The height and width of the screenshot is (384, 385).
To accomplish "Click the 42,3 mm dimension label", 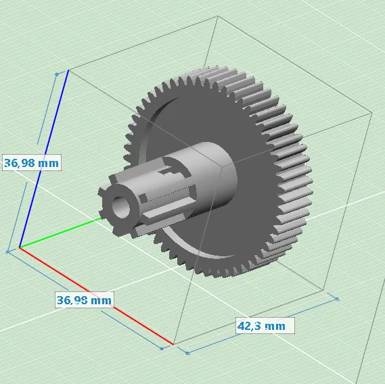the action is (x=262, y=326).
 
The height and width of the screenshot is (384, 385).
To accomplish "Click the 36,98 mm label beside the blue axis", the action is (x=32, y=163).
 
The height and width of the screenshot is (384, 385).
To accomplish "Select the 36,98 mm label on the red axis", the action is (x=84, y=300).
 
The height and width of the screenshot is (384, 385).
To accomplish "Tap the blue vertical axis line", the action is (x=44, y=159).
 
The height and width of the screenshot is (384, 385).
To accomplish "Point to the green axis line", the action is (x=60, y=233).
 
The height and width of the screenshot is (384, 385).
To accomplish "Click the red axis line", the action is (x=96, y=296).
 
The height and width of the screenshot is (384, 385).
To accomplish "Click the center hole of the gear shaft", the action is (x=121, y=207).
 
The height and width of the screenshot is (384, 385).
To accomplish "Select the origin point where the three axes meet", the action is (x=20, y=248).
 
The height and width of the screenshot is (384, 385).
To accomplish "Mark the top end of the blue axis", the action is (x=68, y=70).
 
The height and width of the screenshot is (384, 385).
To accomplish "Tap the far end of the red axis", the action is (x=173, y=344).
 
